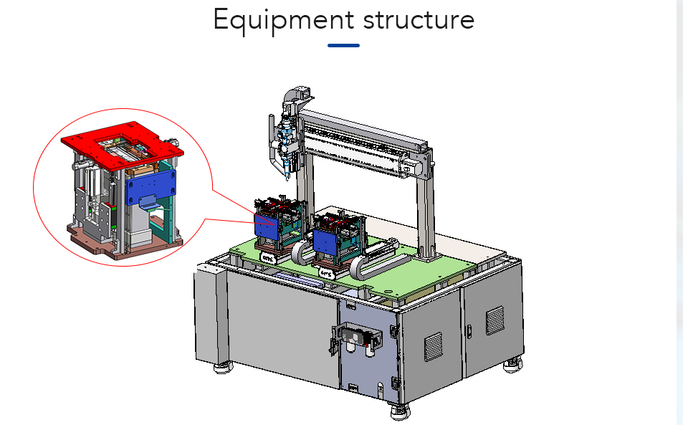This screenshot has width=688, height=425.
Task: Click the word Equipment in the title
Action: pos(284,21)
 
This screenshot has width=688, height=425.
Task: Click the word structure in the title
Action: pos(419,21)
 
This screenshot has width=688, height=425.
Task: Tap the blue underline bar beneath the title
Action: pos(343,45)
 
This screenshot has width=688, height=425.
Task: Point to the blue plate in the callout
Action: pos(150,186)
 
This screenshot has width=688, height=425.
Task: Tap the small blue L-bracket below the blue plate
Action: pos(148,202)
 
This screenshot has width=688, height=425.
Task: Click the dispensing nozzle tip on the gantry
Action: pos(288,177)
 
